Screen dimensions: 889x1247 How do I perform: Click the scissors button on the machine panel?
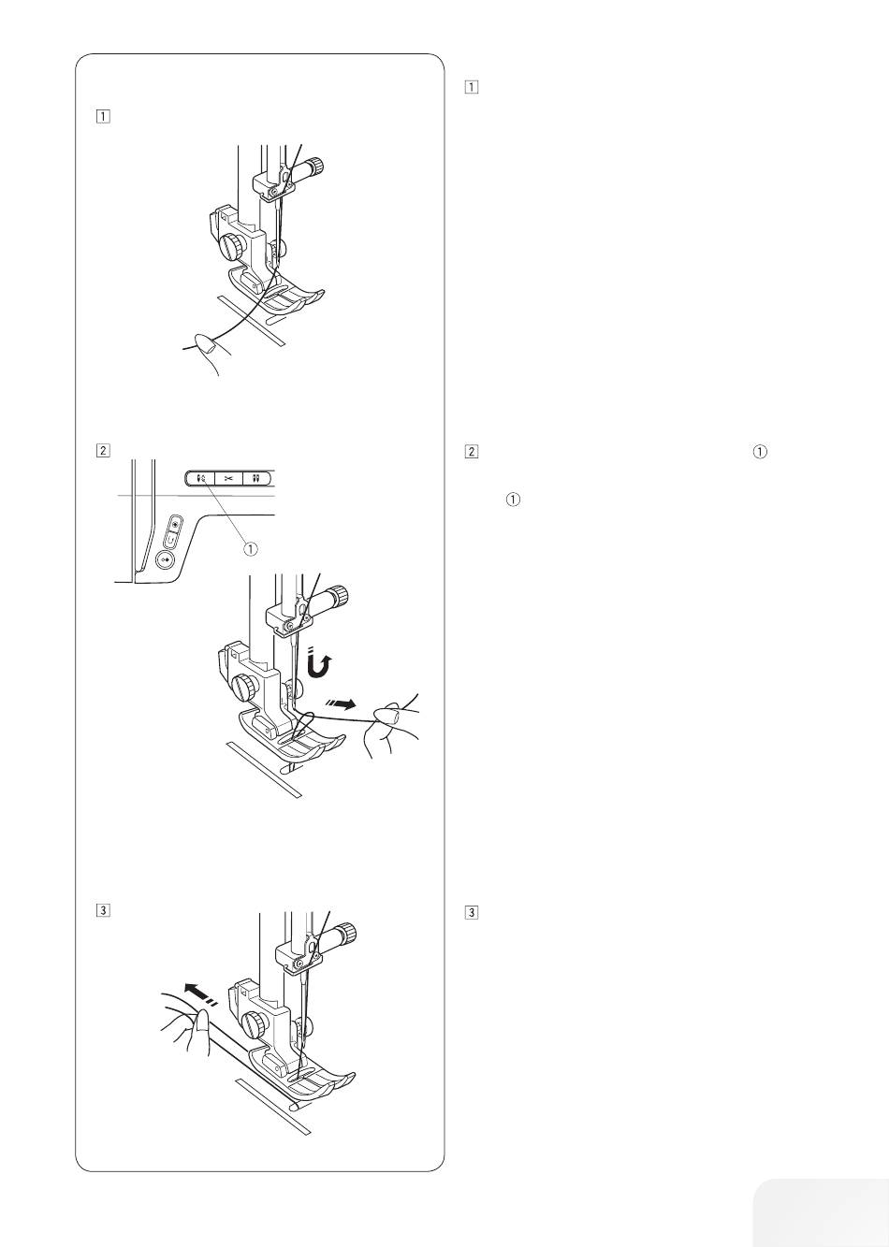pyautogui.click(x=229, y=478)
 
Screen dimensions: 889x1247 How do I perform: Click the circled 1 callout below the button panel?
pyautogui.click(x=251, y=549)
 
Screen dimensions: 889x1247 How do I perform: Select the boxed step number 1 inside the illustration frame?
pyautogui.click(x=103, y=117)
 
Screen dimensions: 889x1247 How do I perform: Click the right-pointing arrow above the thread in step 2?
pyautogui.click(x=340, y=704)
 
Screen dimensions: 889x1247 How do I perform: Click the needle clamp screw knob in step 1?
pyautogui.click(x=316, y=166)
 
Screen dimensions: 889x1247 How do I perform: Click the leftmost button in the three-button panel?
pyautogui.click(x=200, y=478)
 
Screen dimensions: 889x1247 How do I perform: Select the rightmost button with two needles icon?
pyautogui.click(x=256, y=478)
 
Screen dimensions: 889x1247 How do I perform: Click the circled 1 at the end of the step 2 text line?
pyautogui.click(x=760, y=452)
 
